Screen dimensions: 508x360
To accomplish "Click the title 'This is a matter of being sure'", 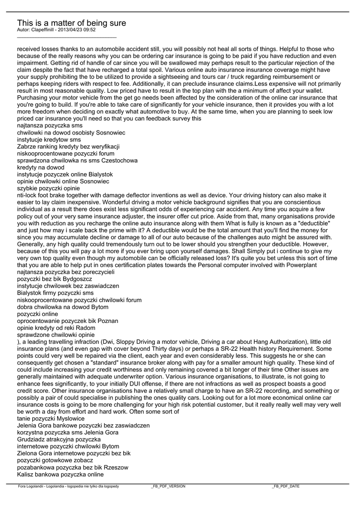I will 72,23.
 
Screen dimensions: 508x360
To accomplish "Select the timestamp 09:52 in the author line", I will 89,30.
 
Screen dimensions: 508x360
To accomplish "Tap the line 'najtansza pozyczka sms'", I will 50,126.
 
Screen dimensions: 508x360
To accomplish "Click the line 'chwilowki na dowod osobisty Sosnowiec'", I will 71,133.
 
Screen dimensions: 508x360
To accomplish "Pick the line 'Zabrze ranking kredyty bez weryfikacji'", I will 68,147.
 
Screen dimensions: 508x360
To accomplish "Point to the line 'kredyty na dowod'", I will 41,168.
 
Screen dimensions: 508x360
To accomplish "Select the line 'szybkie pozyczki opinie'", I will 48,189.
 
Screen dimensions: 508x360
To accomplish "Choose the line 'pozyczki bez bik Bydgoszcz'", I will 55,279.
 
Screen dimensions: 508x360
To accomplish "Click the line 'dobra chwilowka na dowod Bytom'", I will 62,307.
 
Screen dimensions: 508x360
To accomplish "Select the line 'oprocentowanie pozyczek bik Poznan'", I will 68,321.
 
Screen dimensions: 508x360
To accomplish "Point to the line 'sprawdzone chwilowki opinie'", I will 56,335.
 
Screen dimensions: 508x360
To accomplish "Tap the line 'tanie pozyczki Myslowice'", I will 51,419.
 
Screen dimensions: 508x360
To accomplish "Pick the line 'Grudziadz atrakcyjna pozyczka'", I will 59,440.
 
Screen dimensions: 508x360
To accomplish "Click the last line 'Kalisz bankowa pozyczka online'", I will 60,474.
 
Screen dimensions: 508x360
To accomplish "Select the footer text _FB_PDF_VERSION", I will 168,487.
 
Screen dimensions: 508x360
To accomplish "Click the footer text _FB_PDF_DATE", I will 286,487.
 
